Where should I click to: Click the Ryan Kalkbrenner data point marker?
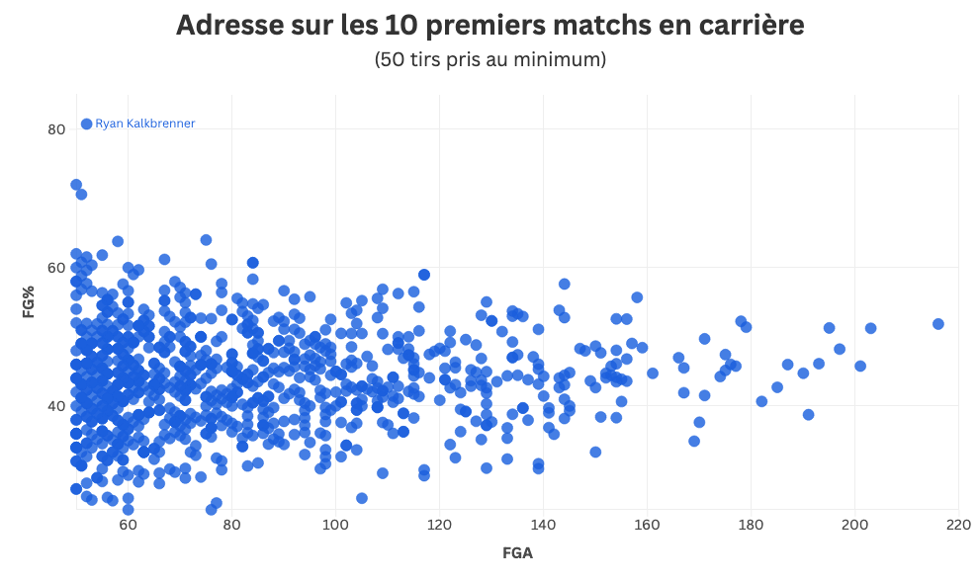pyautogui.click(x=87, y=124)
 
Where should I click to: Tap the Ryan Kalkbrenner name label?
pyautogui.click(x=145, y=124)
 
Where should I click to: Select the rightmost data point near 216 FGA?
pyautogui.click(x=938, y=324)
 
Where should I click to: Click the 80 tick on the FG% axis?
pyautogui.click(x=56, y=128)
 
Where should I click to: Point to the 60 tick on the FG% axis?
pyautogui.click(x=56, y=268)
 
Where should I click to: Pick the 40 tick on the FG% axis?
pyautogui.click(x=56, y=406)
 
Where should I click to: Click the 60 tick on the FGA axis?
pyautogui.click(x=128, y=524)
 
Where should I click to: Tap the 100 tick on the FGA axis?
pyautogui.click(x=335, y=524)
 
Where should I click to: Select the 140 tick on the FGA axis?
pyautogui.click(x=543, y=524)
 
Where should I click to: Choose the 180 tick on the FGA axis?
pyautogui.click(x=751, y=524)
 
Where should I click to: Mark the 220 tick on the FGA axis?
pyautogui.click(x=958, y=524)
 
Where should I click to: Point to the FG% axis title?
pyautogui.click(x=30, y=302)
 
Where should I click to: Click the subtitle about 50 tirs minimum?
pyautogui.click(x=489, y=60)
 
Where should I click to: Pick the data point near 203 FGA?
pyautogui.click(x=871, y=328)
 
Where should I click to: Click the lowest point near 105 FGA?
pyautogui.click(x=362, y=498)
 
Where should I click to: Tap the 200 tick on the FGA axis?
pyautogui.click(x=854, y=524)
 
